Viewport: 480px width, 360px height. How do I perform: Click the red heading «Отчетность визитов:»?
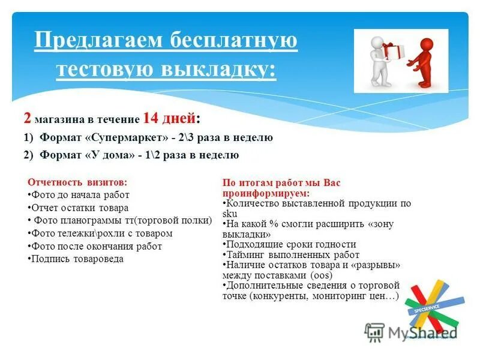(78, 182)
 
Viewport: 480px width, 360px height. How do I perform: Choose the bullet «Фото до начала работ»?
(80, 195)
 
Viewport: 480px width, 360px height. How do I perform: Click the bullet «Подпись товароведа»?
(77, 259)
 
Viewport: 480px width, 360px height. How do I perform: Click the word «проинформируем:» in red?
(266, 194)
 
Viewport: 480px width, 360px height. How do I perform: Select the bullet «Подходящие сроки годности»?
(290, 244)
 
